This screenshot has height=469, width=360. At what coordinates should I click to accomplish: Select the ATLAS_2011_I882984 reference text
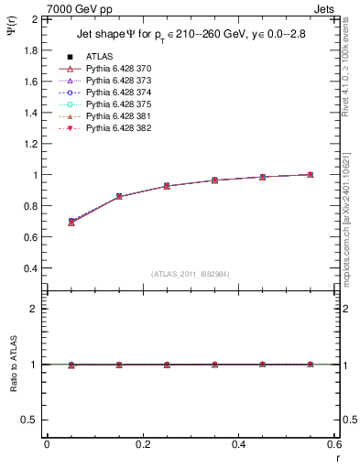point(191,274)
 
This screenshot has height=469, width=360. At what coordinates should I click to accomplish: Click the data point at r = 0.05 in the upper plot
point(71,222)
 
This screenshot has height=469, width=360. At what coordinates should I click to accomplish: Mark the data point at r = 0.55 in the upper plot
point(311,174)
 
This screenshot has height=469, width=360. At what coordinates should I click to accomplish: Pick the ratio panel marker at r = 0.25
point(167,365)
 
